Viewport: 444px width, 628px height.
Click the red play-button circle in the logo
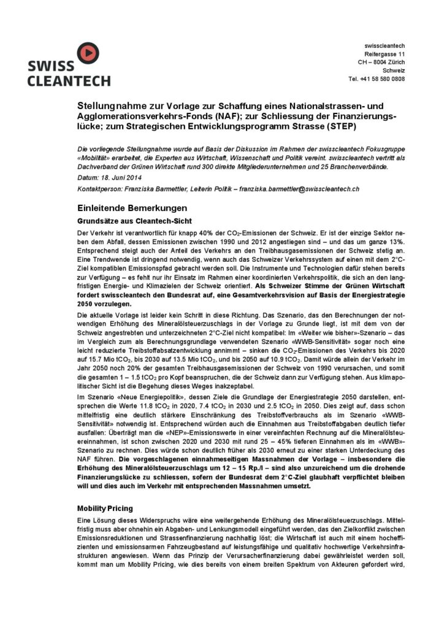[86, 53]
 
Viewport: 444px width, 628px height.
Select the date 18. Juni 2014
[115, 178]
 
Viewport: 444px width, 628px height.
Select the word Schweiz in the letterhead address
[393, 71]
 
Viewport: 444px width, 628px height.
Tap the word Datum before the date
[86, 178]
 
